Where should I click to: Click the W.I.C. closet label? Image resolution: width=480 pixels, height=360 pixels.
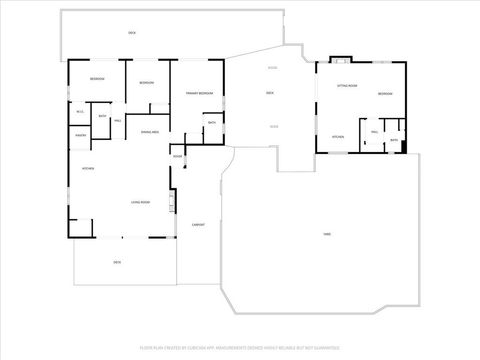click(x=80, y=111)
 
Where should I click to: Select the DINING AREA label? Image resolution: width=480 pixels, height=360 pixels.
click(x=150, y=132)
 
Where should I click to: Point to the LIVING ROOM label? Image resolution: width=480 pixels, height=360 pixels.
click(x=140, y=203)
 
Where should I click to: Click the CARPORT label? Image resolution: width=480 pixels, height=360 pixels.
click(x=198, y=224)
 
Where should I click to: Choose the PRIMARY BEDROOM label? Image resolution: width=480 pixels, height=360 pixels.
click(x=199, y=93)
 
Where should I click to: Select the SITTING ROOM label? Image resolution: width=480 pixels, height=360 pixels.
click(x=347, y=87)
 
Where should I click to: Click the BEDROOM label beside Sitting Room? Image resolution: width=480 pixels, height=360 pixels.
click(x=386, y=94)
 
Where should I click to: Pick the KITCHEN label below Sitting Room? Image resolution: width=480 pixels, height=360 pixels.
click(x=338, y=136)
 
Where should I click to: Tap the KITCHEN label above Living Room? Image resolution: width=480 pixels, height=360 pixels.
click(x=87, y=168)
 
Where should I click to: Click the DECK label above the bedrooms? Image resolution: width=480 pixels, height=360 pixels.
click(x=132, y=33)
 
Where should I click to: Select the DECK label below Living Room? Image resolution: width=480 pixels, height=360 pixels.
click(x=117, y=262)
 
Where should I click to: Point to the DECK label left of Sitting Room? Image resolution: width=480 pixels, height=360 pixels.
click(x=270, y=93)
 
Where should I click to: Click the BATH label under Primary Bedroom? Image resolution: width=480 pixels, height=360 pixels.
click(x=211, y=122)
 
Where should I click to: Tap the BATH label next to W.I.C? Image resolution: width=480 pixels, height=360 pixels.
click(x=102, y=115)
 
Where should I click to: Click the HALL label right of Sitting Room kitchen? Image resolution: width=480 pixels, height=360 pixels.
click(x=374, y=131)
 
